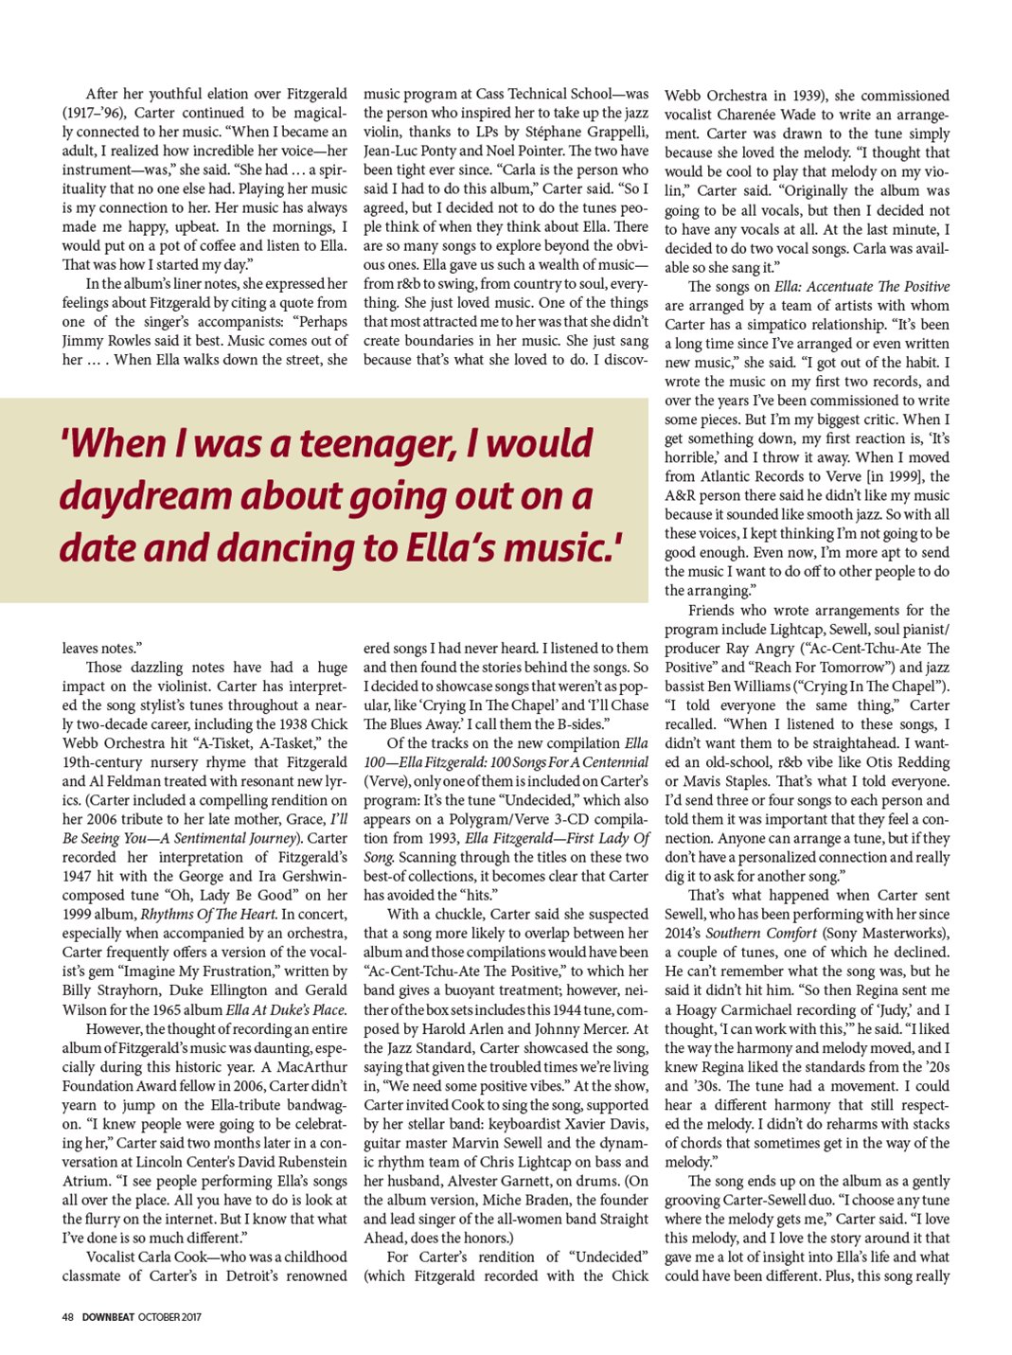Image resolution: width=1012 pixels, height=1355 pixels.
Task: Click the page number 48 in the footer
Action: pyautogui.click(x=68, y=1317)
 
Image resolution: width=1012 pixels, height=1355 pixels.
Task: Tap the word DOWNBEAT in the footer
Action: pyautogui.click(x=108, y=1317)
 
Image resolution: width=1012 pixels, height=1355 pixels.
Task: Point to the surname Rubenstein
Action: pyautogui.click(x=305, y=1162)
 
